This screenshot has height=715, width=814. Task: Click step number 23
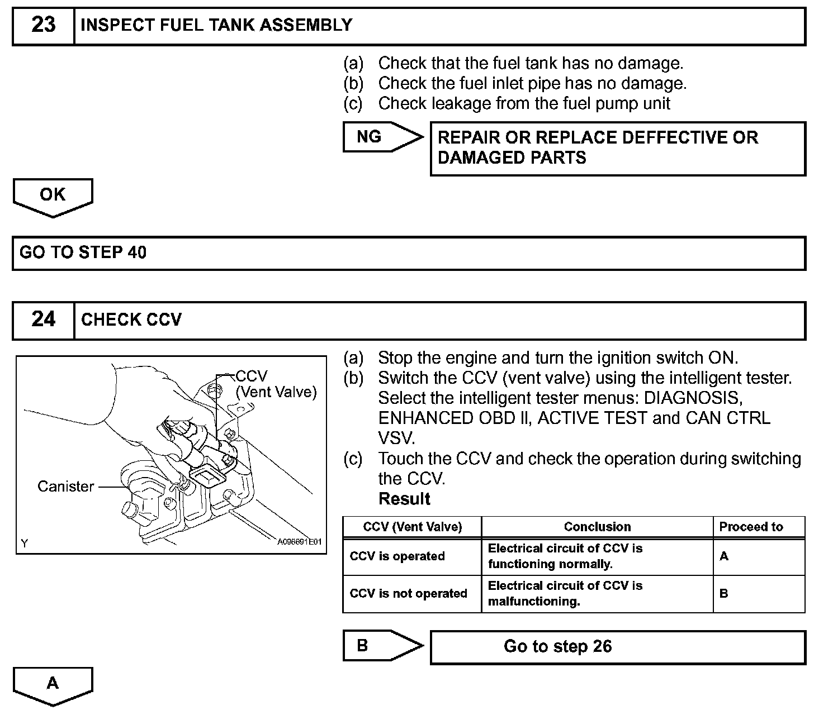click(x=44, y=25)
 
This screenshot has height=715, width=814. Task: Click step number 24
click(x=44, y=320)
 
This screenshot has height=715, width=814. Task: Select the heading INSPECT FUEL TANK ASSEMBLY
click(x=216, y=25)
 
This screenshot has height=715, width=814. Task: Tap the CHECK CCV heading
click(x=131, y=320)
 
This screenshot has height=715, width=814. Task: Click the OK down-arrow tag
click(x=53, y=196)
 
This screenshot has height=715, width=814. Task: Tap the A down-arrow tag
click(x=53, y=684)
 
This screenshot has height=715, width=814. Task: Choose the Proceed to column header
click(x=751, y=527)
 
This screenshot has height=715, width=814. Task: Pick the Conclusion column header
click(x=597, y=527)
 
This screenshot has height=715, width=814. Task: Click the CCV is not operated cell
click(x=408, y=593)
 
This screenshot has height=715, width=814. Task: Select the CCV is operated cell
click(x=397, y=556)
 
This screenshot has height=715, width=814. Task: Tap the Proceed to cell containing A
click(x=724, y=556)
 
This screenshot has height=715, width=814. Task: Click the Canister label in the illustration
click(x=65, y=487)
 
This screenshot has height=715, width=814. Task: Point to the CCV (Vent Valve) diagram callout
click(x=276, y=384)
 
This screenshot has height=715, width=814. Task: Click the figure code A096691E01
click(x=300, y=542)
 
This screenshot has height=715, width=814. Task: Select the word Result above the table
click(x=404, y=499)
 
